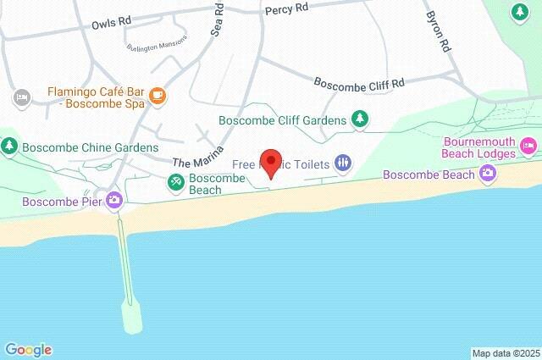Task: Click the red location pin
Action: (271, 162)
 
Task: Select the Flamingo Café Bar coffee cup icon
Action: (158, 96)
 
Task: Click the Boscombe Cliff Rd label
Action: (359, 83)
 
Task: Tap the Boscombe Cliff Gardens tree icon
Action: (361, 119)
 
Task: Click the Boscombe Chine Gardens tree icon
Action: (9, 146)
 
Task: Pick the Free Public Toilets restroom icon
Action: (343, 162)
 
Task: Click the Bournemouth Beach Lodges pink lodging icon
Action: (528, 147)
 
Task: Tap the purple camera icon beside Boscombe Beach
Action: (488, 174)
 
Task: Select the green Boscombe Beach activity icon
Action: (175, 180)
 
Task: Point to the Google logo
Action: (28, 350)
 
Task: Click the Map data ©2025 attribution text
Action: (506, 353)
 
